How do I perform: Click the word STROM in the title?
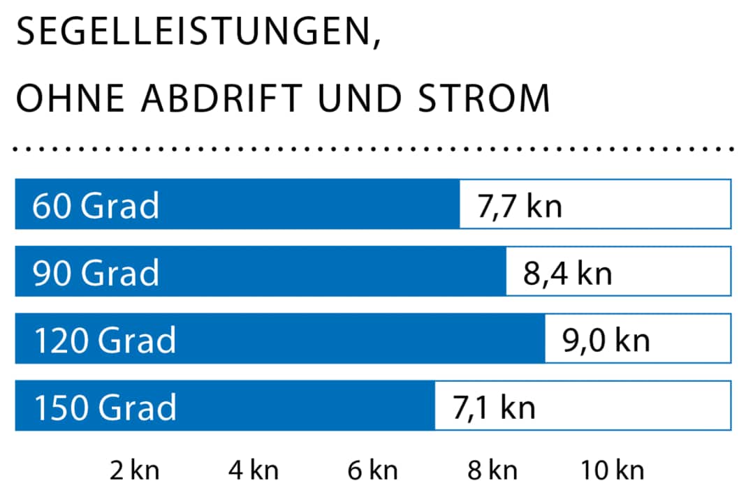coord(483,99)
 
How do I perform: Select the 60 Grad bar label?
coord(96,205)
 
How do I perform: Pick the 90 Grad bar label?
coord(96,272)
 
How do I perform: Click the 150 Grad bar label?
coord(105,406)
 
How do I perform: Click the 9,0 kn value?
coord(606,339)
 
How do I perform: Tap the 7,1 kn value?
coord(494,406)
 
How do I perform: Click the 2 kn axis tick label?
coord(135,471)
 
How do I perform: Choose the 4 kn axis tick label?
coord(254,471)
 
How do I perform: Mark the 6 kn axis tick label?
coord(372,471)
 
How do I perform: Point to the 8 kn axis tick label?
coord(492,471)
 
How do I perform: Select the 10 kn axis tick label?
coord(612,471)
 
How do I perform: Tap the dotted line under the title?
coord(373,149)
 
